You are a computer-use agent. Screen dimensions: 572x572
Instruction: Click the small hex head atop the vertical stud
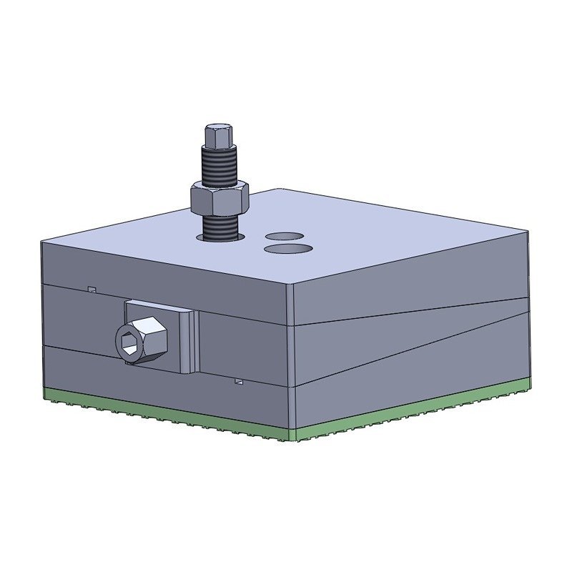tap(220, 134)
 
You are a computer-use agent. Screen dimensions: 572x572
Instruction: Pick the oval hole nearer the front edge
tap(287, 248)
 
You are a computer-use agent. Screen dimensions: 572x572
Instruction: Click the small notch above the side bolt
tap(92, 289)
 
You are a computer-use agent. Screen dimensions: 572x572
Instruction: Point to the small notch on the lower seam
tap(240, 382)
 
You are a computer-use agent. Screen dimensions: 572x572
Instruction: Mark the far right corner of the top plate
tap(528, 232)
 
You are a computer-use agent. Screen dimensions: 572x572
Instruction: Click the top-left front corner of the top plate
tap(42, 243)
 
